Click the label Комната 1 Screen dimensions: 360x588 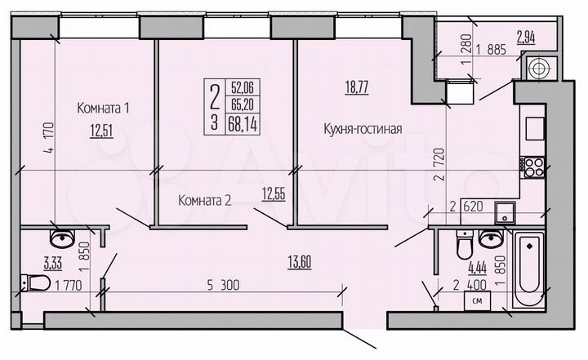point(105,108)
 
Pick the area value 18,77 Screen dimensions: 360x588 point(356,88)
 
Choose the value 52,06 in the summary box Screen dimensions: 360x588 point(242,84)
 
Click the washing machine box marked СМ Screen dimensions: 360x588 point(478,301)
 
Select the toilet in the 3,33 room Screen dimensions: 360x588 point(35,283)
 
